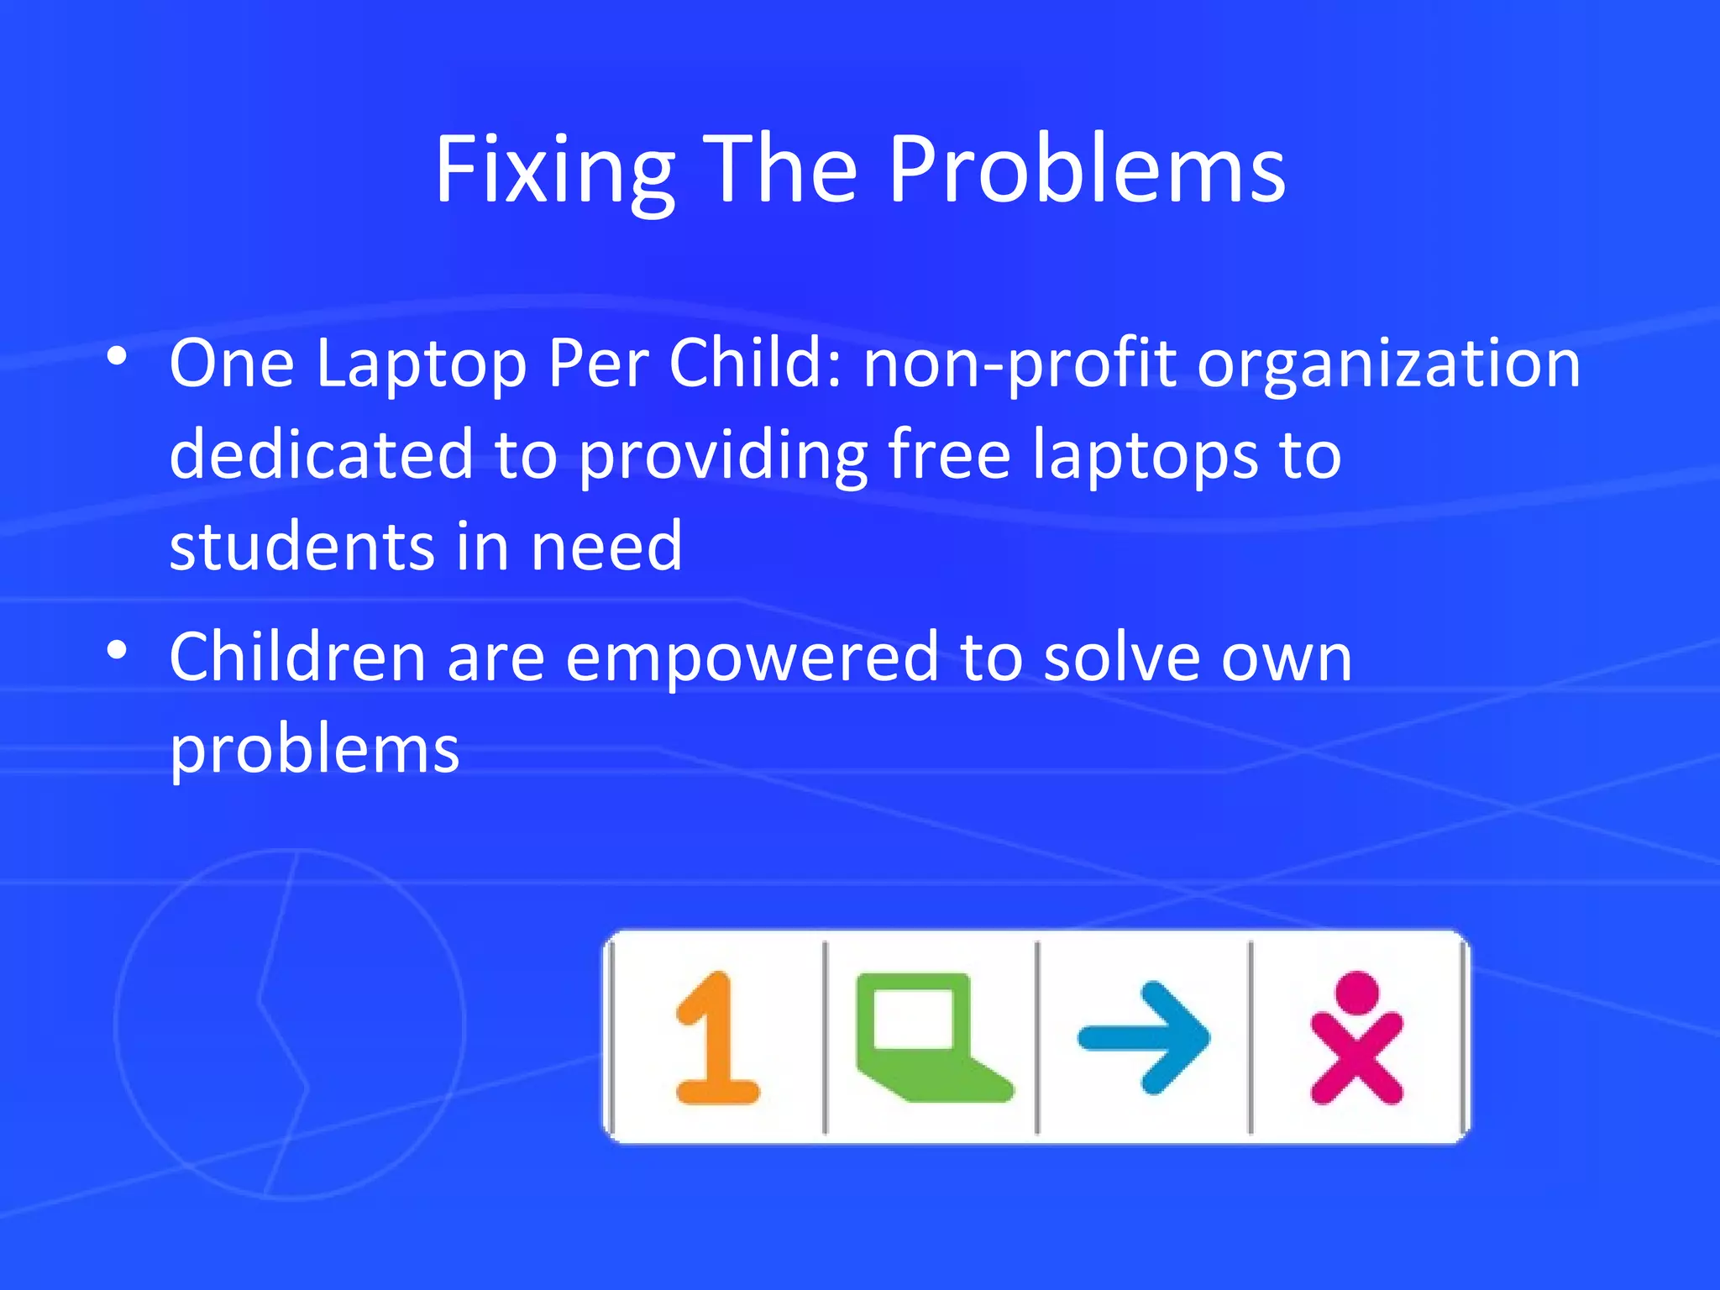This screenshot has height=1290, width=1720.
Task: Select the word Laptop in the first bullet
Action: point(421,366)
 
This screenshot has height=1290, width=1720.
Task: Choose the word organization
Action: point(1388,366)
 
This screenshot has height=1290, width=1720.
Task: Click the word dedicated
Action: point(321,454)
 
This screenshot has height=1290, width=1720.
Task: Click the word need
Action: point(606,547)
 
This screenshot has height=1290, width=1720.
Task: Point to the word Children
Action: point(297,657)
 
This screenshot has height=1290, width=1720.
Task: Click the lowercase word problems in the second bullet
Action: point(314,751)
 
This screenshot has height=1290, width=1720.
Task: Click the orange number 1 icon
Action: point(716,1038)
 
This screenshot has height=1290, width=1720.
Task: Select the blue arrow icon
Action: point(1144,1038)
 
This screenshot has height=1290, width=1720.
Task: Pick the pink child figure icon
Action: point(1356,1038)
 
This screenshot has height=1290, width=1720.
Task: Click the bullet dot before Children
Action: point(118,650)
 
